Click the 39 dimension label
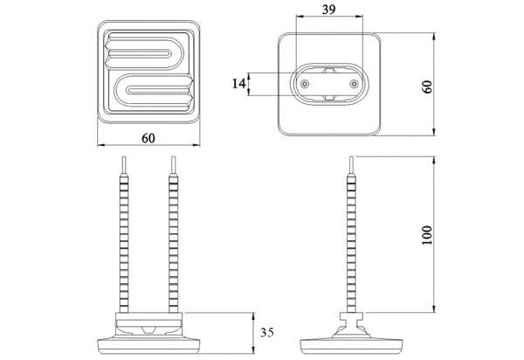(x=328, y=10)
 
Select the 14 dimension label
(x=238, y=84)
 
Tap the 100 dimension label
(x=427, y=235)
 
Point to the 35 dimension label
(x=267, y=333)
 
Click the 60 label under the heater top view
(x=148, y=138)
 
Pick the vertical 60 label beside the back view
(x=427, y=87)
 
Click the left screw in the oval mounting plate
(x=304, y=84)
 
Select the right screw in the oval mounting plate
(x=354, y=84)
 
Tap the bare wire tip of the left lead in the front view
(x=124, y=165)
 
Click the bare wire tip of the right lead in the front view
(x=174, y=165)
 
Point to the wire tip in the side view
(x=351, y=165)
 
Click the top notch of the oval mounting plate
(x=329, y=71)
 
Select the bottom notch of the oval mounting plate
(x=329, y=97)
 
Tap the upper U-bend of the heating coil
(x=177, y=53)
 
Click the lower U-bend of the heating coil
(x=120, y=90)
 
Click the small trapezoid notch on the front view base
(x=148, y=329)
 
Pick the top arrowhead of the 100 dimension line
(x=434, y=160)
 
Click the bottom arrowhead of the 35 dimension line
(x=253, y=350)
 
